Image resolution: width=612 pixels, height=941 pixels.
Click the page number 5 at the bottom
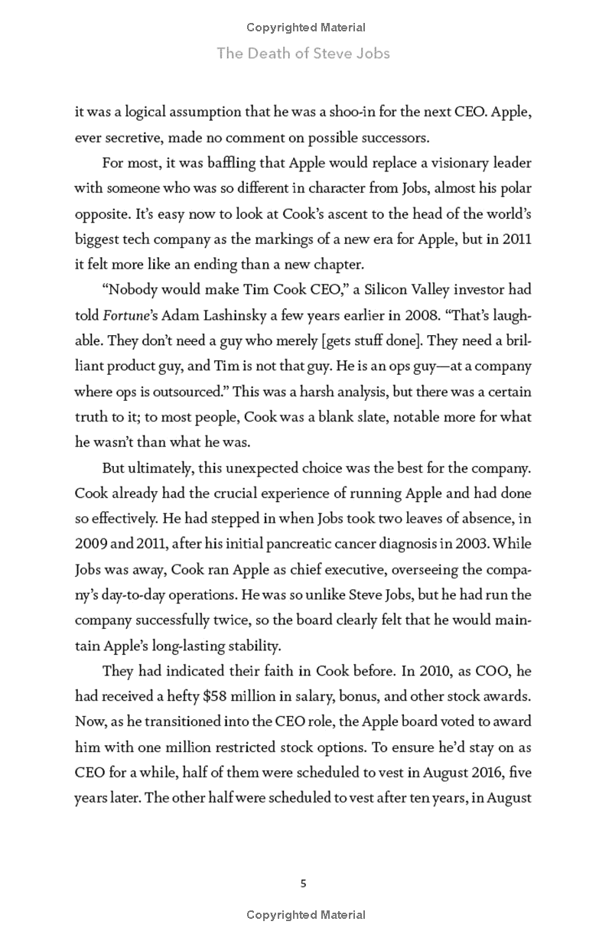point(304,884)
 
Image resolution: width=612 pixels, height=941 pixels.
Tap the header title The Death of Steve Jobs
point(304,53)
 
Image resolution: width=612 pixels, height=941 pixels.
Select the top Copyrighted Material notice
point(306,28)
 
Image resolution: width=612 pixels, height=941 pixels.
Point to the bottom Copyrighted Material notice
point(306,915)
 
